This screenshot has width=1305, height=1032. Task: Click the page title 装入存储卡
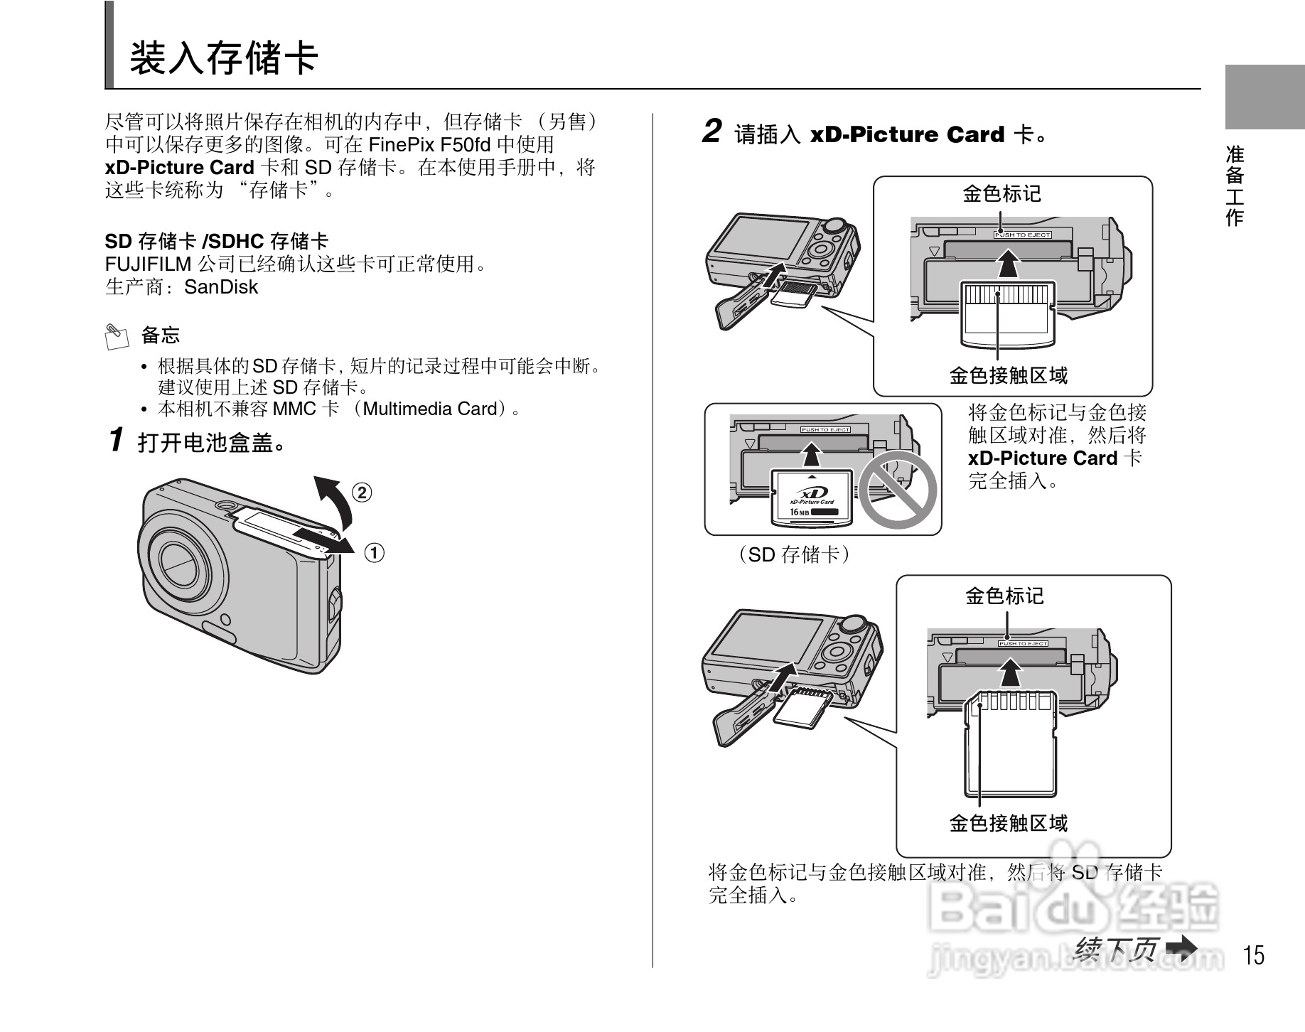coord(223,58)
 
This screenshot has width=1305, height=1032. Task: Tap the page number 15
coord(1255,955)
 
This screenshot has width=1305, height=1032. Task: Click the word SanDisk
coord(220,287)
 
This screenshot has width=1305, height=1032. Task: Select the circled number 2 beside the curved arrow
coord(362,492)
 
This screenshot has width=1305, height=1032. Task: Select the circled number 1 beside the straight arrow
coord(375,552)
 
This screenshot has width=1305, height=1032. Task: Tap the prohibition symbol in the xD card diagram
coord(898,490)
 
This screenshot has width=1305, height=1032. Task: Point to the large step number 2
coord(711,132)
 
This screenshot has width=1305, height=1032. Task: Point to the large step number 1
coord(117,440)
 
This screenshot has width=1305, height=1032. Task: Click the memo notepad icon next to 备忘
coord(117,335)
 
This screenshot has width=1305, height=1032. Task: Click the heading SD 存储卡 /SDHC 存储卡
coord(217,241)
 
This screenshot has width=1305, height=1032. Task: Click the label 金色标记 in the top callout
coord(1001,193)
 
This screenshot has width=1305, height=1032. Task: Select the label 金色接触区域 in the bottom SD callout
coord(1008,823)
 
